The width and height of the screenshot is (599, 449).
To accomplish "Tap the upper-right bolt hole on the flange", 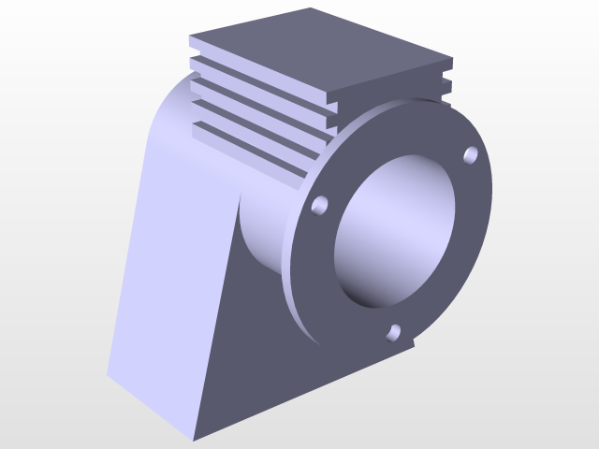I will pyautogui.click(x=471, y=154).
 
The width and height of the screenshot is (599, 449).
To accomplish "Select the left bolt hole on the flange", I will pyautogui.click(x=320, y=204).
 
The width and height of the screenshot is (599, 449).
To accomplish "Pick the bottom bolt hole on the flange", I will pyautogui.click(x=394, y=331).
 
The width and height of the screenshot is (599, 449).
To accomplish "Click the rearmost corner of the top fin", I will pyautogui.click(x=312, y=9).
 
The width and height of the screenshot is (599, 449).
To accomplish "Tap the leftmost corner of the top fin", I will pyautogui.click(x=190, y=39).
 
